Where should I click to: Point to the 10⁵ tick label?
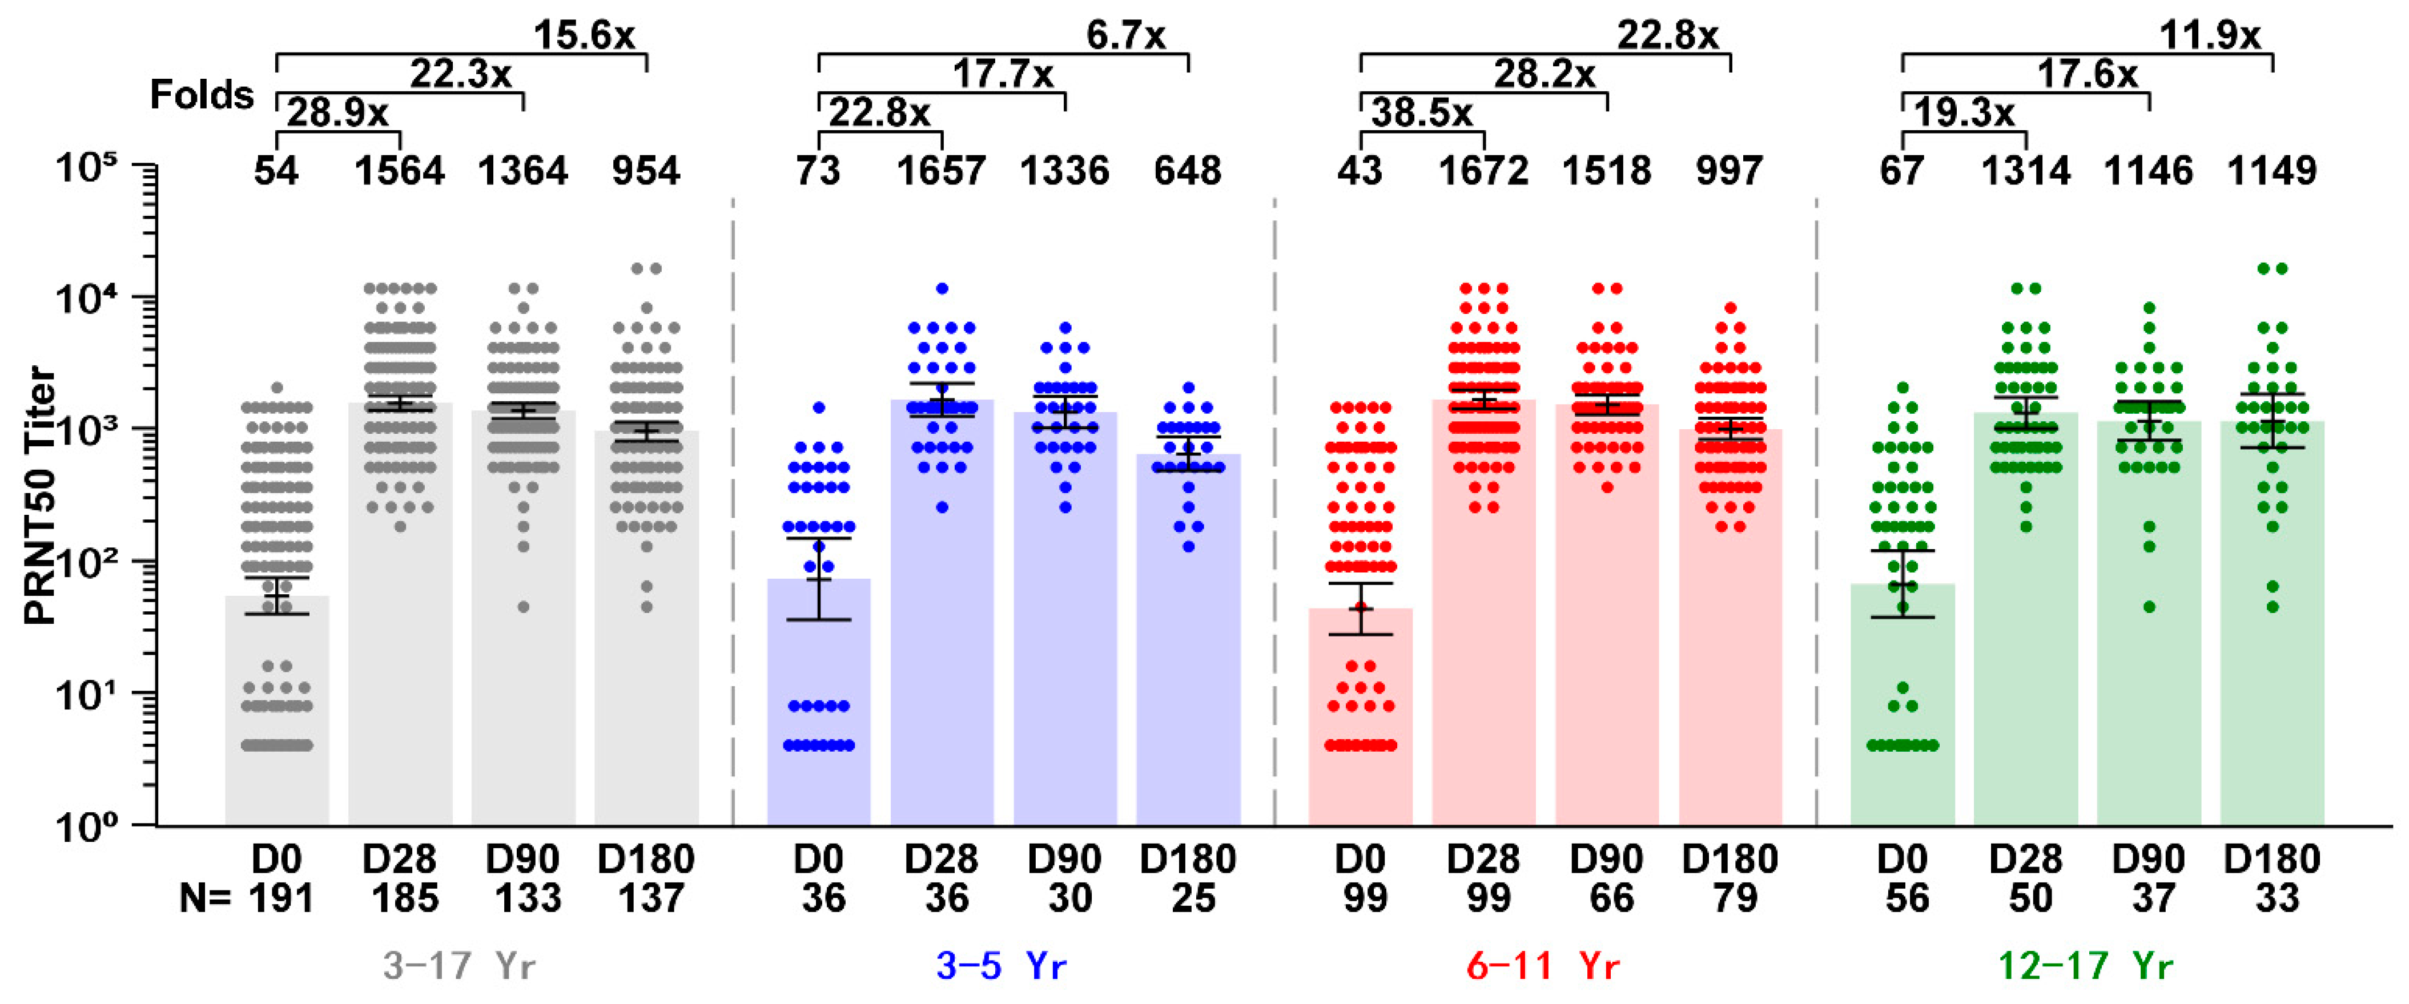[x=86, y=170]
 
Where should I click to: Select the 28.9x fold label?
[x=337, y=113]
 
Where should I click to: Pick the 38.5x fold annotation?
[x=1421, y=113]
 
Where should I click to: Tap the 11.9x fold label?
[x=2209, y=35]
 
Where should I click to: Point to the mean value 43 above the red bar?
[x=1360, y=171]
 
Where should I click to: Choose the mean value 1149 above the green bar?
[x=2273, y=171]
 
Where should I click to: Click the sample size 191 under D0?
[x=280, y=898]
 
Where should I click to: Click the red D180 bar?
[x=1730, y=654]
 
